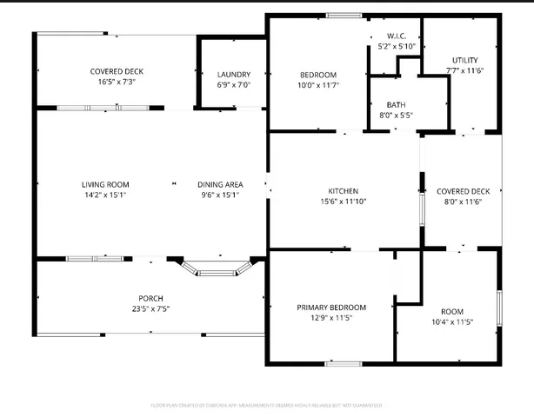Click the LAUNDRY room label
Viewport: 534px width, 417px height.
(233, 75)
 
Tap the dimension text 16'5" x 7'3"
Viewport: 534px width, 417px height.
(117, 82)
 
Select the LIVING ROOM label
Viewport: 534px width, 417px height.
(105, 184)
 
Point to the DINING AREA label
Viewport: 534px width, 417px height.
(219, 184)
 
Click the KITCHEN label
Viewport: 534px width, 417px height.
(343, 191)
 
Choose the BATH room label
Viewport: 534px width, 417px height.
(396, 104)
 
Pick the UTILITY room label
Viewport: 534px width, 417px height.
(464, 60)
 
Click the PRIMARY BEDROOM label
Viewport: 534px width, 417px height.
(330, 308)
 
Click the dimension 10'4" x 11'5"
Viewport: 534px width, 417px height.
(452, 322)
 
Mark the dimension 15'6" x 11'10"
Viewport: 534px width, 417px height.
(343, 202)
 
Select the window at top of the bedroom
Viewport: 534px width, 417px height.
(344, 16)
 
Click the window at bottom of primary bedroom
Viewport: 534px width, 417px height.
(343, 362)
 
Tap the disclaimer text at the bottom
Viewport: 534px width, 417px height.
(267, 405)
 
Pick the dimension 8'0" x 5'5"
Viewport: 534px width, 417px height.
(396, 115)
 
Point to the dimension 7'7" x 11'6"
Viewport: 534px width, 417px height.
(464, 70)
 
